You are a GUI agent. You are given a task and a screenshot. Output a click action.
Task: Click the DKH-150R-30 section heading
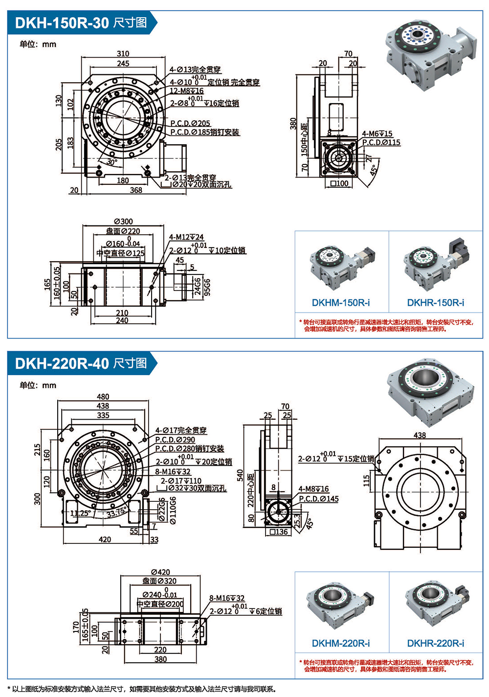pyautogui.click(x=81, y=22)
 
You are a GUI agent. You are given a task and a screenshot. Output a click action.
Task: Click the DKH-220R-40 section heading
pyautogui.click(x=81, y=363)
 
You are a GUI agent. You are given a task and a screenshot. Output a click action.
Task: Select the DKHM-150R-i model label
pyautogui.click(x=341, y=303)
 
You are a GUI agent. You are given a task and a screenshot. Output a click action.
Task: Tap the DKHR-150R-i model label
pyautogui.click(x=436, y=303)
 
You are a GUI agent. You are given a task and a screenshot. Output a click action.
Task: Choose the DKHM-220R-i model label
pyautogui.click(x=341, y=643)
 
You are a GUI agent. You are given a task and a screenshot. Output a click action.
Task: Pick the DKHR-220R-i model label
pyautogui.click(x=436, y=643)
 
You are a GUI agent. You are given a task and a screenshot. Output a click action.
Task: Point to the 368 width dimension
pyautogui.click(x=136, y=190)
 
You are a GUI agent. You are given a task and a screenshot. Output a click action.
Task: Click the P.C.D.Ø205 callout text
pyautogui.click(x=190, y=123)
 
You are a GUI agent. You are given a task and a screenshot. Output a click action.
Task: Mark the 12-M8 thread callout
pyautogui.click(x=186, y=91)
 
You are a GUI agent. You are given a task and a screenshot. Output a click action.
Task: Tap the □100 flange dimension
pyautogui.click(x=339, y=183)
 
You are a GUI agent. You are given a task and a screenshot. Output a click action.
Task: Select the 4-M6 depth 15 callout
pyautogui.click(x=377, y=134)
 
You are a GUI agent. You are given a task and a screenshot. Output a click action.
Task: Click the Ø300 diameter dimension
pyautogui.click(x=123, y=222)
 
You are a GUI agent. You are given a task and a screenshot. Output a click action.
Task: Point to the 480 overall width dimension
pyautogui.click(x=103, y=397)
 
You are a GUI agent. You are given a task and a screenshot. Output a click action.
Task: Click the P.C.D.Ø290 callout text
pyautogui.click(x=175, y=440)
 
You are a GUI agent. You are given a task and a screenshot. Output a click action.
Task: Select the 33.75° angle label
pyautogui.click(x=116, y=513)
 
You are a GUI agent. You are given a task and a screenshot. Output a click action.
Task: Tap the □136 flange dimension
pyautogui.click(x=279, y=532)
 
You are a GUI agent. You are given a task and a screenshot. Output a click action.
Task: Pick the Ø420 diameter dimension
pyautogui.click(x=160, y=572)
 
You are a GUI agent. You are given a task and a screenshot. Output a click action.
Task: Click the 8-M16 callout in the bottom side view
pyautogui.click(x=227, y=598)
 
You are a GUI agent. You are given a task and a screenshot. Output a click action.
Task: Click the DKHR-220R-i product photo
pyautogui.click(x=436, y=607)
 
